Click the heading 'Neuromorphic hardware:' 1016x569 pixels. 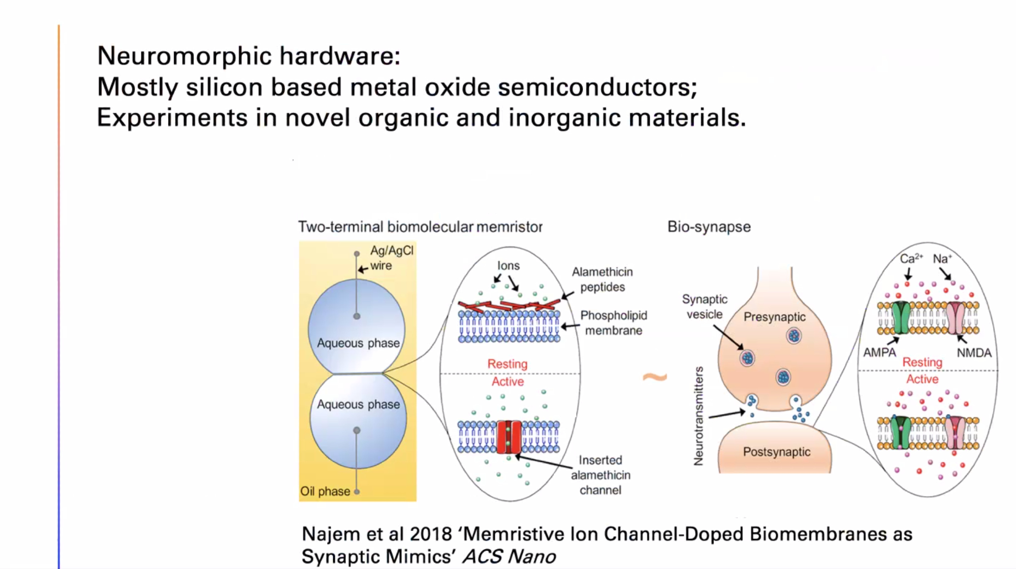(x=248, y=56)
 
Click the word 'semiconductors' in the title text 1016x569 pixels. (x=597, y=87)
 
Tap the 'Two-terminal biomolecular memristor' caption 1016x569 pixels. (x=420, y=227)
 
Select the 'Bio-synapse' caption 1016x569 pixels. (x=709, y=227)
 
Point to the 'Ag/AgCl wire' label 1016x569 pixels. (x=391, y=258)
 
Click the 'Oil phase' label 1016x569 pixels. (x=325, y=491)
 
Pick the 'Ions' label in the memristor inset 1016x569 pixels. (x=508, y=266)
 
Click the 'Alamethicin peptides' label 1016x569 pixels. (x=602, y=279)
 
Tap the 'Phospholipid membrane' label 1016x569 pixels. (x=613, y=323)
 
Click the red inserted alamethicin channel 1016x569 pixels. (x=509, y=437)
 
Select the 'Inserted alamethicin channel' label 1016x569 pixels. (x=600, y=475)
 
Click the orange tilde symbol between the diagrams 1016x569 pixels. (x=655, y=377)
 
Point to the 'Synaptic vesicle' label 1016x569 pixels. (x=704, y=306)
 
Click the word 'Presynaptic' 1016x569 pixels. (x=774, y=317)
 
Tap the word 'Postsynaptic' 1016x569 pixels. (x=776, y=452)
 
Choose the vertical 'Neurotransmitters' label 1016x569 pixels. (x=699, y=416)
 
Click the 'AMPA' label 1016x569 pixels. (x=879, y=353)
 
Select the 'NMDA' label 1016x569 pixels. (x=974, y=353)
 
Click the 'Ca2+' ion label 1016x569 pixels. (x=910, y=259)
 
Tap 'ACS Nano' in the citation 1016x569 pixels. (x=509, y=557)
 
